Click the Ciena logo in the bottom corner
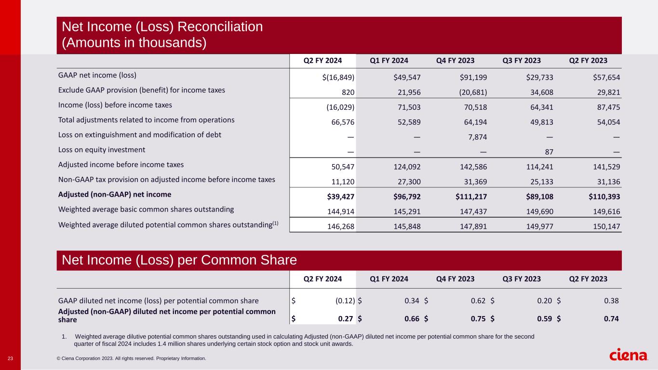pos(629,356)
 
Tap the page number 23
pos(10,358)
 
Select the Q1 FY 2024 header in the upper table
pos(389,61)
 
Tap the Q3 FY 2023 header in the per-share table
pos(521,279)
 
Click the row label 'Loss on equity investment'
pos(102,150)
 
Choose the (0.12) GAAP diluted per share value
pos(345,301)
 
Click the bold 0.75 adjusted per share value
pos(479,318)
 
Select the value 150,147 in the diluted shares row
pos(606,225)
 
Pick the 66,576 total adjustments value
pos(342,120)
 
